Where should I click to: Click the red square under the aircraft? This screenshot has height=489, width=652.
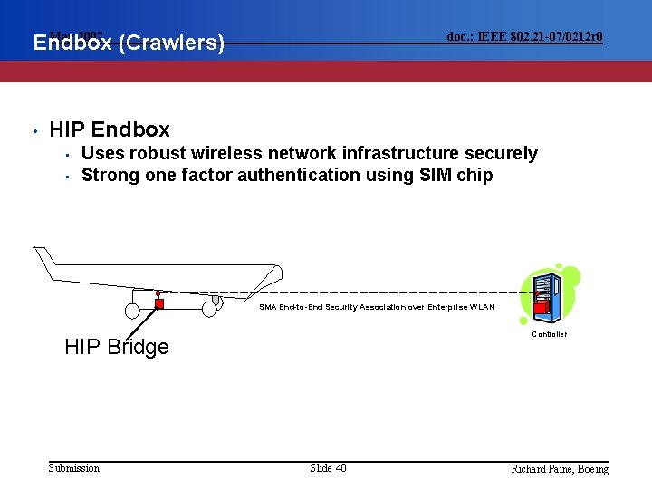159,303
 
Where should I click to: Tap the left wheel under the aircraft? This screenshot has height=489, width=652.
132,311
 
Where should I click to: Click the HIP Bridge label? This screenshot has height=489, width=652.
117,347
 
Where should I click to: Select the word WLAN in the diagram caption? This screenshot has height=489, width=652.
482,307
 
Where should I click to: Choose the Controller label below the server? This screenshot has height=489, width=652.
550,334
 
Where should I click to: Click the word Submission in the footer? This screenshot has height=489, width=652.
74,467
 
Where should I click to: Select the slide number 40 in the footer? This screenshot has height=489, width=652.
340,467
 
